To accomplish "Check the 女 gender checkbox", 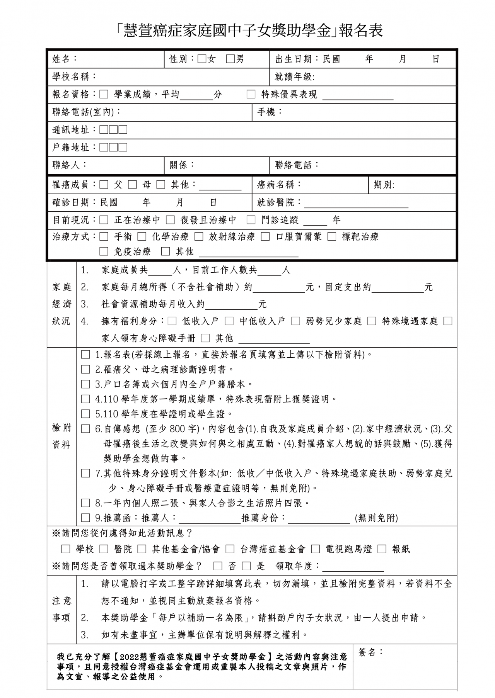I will point(201,59).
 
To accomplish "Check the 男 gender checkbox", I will point(230,59).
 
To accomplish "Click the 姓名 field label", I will point(64,59).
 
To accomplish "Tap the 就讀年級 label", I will point(294,77).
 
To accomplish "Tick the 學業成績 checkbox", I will point(104,95).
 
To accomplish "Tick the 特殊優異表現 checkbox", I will point(251,95).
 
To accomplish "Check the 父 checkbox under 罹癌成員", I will point(104,185).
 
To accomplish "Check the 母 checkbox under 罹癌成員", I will point(133,185).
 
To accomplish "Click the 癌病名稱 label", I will point(279,185).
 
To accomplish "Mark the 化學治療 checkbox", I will point(142,236).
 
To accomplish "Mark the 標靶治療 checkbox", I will point(332,236).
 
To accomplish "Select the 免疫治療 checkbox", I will point(104,251).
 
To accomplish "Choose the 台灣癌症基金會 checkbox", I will point(230,549).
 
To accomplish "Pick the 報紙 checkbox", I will point(382,549).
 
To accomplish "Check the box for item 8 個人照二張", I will point(85,503).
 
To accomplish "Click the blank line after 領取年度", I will point(353,567).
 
